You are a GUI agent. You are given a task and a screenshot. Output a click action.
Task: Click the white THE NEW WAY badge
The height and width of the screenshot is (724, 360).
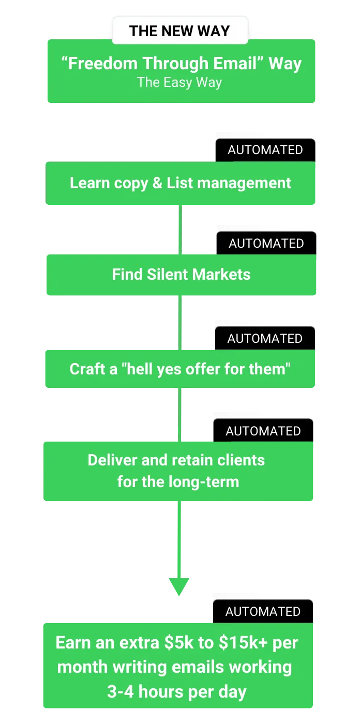click(x=179, y=31)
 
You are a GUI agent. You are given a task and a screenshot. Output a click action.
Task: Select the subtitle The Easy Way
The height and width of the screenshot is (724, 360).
click(x=179, y=82)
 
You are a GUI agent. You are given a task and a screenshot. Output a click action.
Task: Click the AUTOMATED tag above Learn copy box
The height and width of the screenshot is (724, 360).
click(x=265, y=150)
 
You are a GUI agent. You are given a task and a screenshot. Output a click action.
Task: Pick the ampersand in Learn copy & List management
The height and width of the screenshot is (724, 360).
click(x=157, y=183)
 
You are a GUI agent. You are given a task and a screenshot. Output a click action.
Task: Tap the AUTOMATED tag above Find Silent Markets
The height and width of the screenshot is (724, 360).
click(x=266, y=244)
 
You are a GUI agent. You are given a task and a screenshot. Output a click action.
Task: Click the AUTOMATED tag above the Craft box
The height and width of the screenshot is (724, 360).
click(x=265, y=339)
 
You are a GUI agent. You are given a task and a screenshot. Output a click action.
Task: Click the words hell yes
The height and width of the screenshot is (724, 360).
click(x=156, y=369)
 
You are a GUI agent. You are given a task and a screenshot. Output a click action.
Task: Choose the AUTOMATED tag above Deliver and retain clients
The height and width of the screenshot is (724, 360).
click(x=263, y=431)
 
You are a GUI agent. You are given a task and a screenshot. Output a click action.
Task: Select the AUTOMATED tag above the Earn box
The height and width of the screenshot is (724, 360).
click(x=263, y=612)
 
